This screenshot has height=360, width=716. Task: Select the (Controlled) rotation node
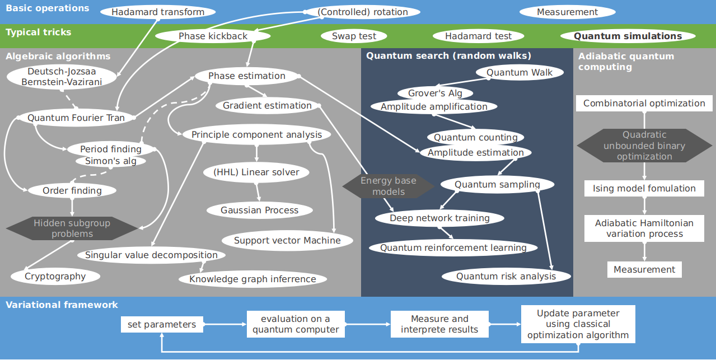[x=362, y=12]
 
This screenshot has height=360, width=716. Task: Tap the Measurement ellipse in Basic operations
[x=567, y=12]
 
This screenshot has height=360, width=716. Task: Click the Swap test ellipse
[x=354, y=36]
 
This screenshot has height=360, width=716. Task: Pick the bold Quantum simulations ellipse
[x=628, y=36]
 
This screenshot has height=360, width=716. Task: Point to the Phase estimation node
[x=246, y=76]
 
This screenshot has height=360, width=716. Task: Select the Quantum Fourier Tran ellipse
[x=76, y=118]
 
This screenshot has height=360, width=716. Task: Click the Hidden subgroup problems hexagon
[x=72, y=228]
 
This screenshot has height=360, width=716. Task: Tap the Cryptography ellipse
[x=55, y=276]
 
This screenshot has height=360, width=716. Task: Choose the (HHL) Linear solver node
[x=256, y=172]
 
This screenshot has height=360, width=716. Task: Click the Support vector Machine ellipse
[x=287, y=240]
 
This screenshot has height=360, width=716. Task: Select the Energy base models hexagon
[x=388, y=186]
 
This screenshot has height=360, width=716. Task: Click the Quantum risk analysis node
[x=506, y=276]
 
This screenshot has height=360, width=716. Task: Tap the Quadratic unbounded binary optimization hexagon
[x=644, y=146]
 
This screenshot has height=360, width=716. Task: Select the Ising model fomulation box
[x=644, y=189]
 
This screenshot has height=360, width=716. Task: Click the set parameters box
[x=161, y=324]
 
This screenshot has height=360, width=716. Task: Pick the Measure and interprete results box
[x=439, y=324]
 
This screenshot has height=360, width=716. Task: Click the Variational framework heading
[x=62, y=305]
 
